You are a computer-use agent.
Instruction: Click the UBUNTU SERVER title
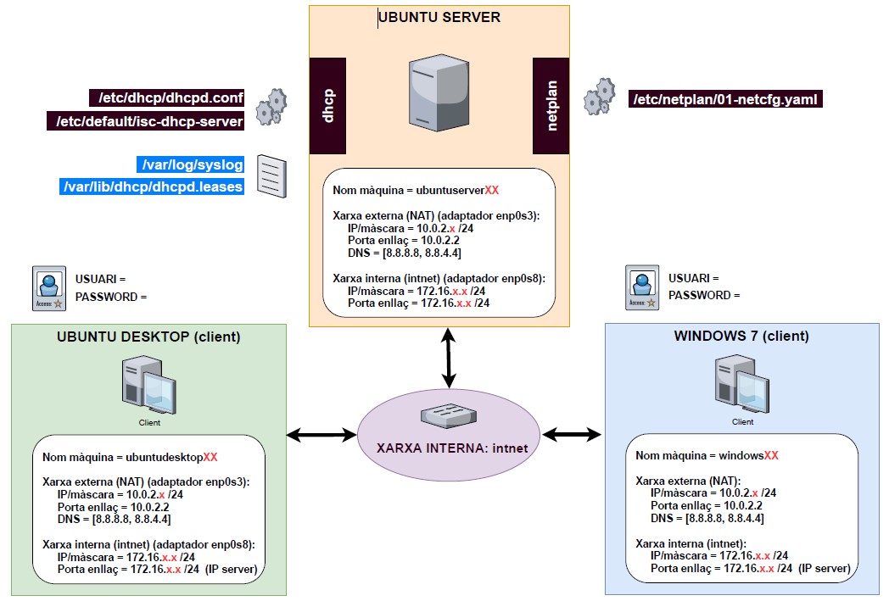(439, 17)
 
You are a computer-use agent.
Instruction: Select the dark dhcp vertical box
(327, 106)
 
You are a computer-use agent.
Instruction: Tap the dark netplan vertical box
(551, 106)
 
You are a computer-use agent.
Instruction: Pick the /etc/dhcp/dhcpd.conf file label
(166, 97)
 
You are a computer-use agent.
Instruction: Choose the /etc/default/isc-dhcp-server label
(145, 122)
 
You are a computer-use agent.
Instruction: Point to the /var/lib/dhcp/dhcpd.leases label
(152, 186)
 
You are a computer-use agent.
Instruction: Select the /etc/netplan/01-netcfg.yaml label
(726, 99)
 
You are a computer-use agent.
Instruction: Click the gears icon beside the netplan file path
(599, 97)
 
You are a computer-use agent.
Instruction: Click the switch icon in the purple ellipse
(450, 415)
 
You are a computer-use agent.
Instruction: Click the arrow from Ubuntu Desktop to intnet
(321, 435)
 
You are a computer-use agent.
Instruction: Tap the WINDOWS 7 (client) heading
(741, 336)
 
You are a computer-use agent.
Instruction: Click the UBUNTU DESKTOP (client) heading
(148, 337)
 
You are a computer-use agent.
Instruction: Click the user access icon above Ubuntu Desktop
(48, 287)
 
